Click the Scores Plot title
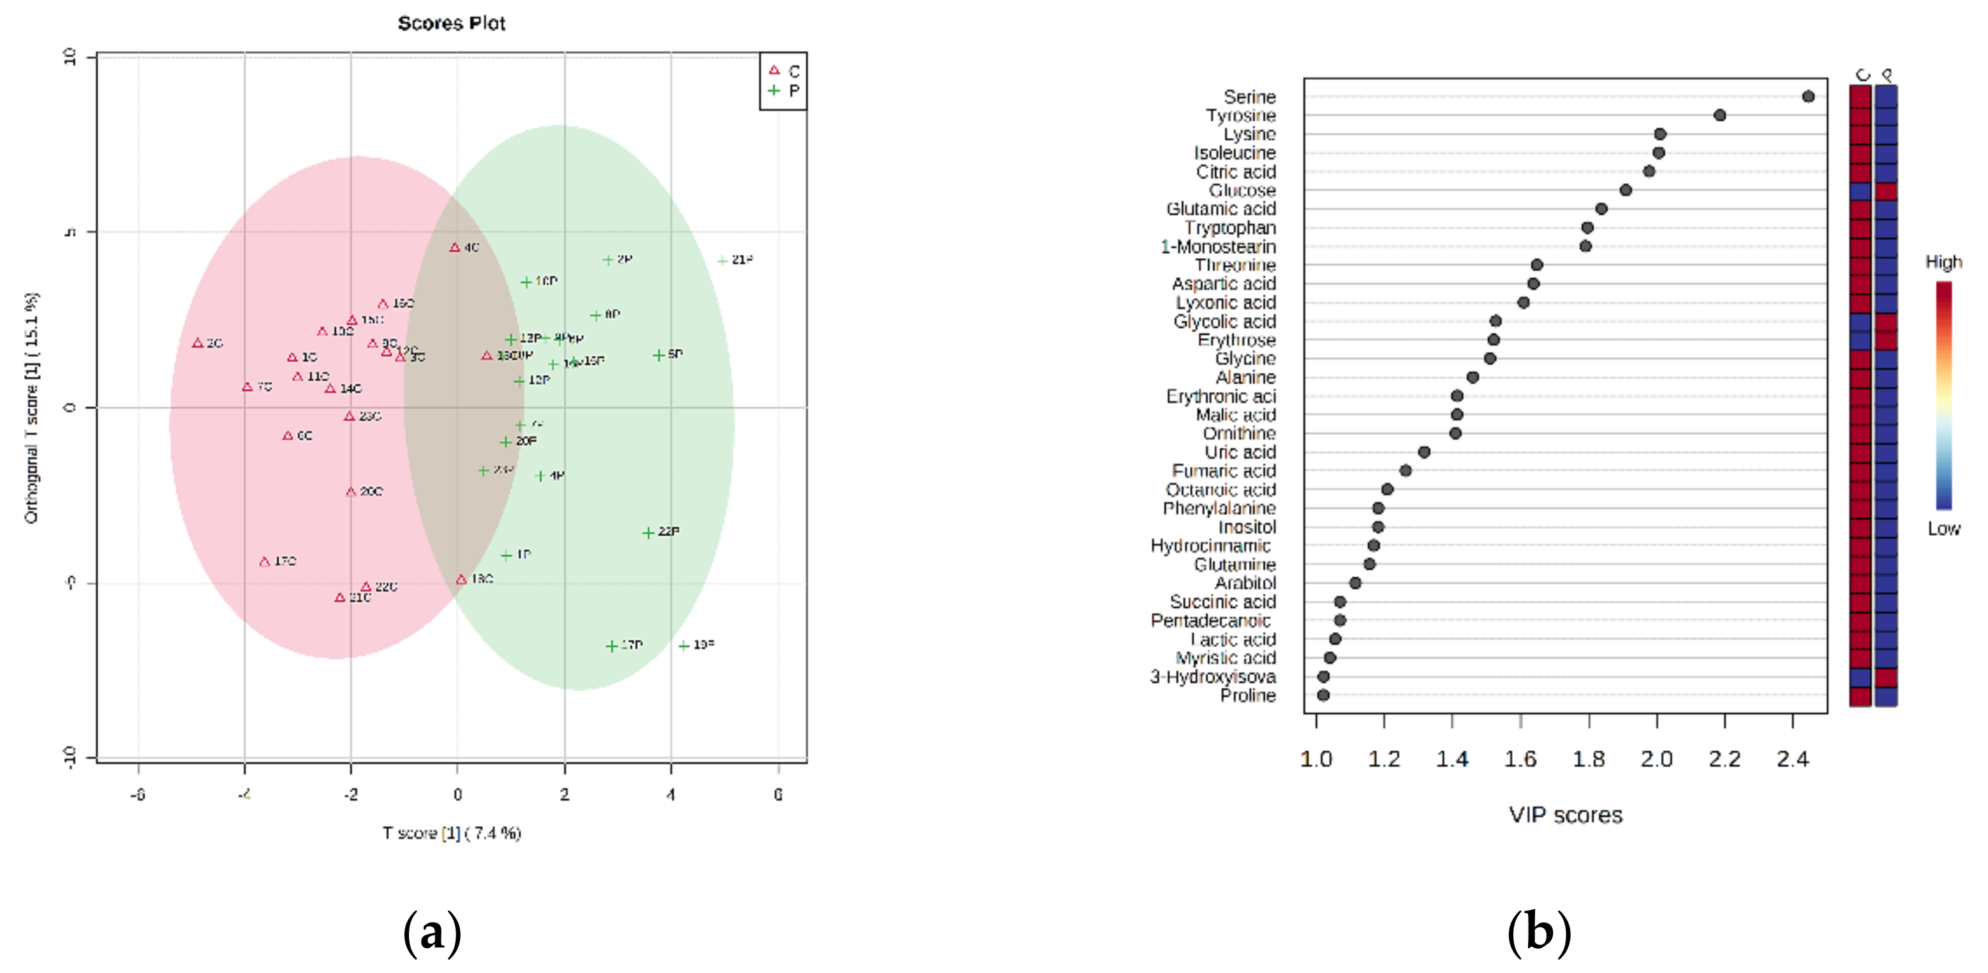coord(452,23)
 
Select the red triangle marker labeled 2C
coord(198,343)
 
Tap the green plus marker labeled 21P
coord(722,260)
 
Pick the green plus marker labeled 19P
coord(684,645)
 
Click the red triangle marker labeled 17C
coord(265,561)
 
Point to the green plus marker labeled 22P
coord(648,532)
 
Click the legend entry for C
coord(784,71)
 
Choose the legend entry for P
coord(784,91)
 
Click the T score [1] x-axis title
coord(452,833)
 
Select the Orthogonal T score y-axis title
coord(31,408)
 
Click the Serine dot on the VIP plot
coord(1808,96)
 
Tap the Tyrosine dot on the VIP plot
coord(1719,115)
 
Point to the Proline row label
coord(1247,695)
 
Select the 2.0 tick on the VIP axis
coord(1656,759)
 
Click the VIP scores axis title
coord(1565,815)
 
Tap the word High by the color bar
coord(1943,262)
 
